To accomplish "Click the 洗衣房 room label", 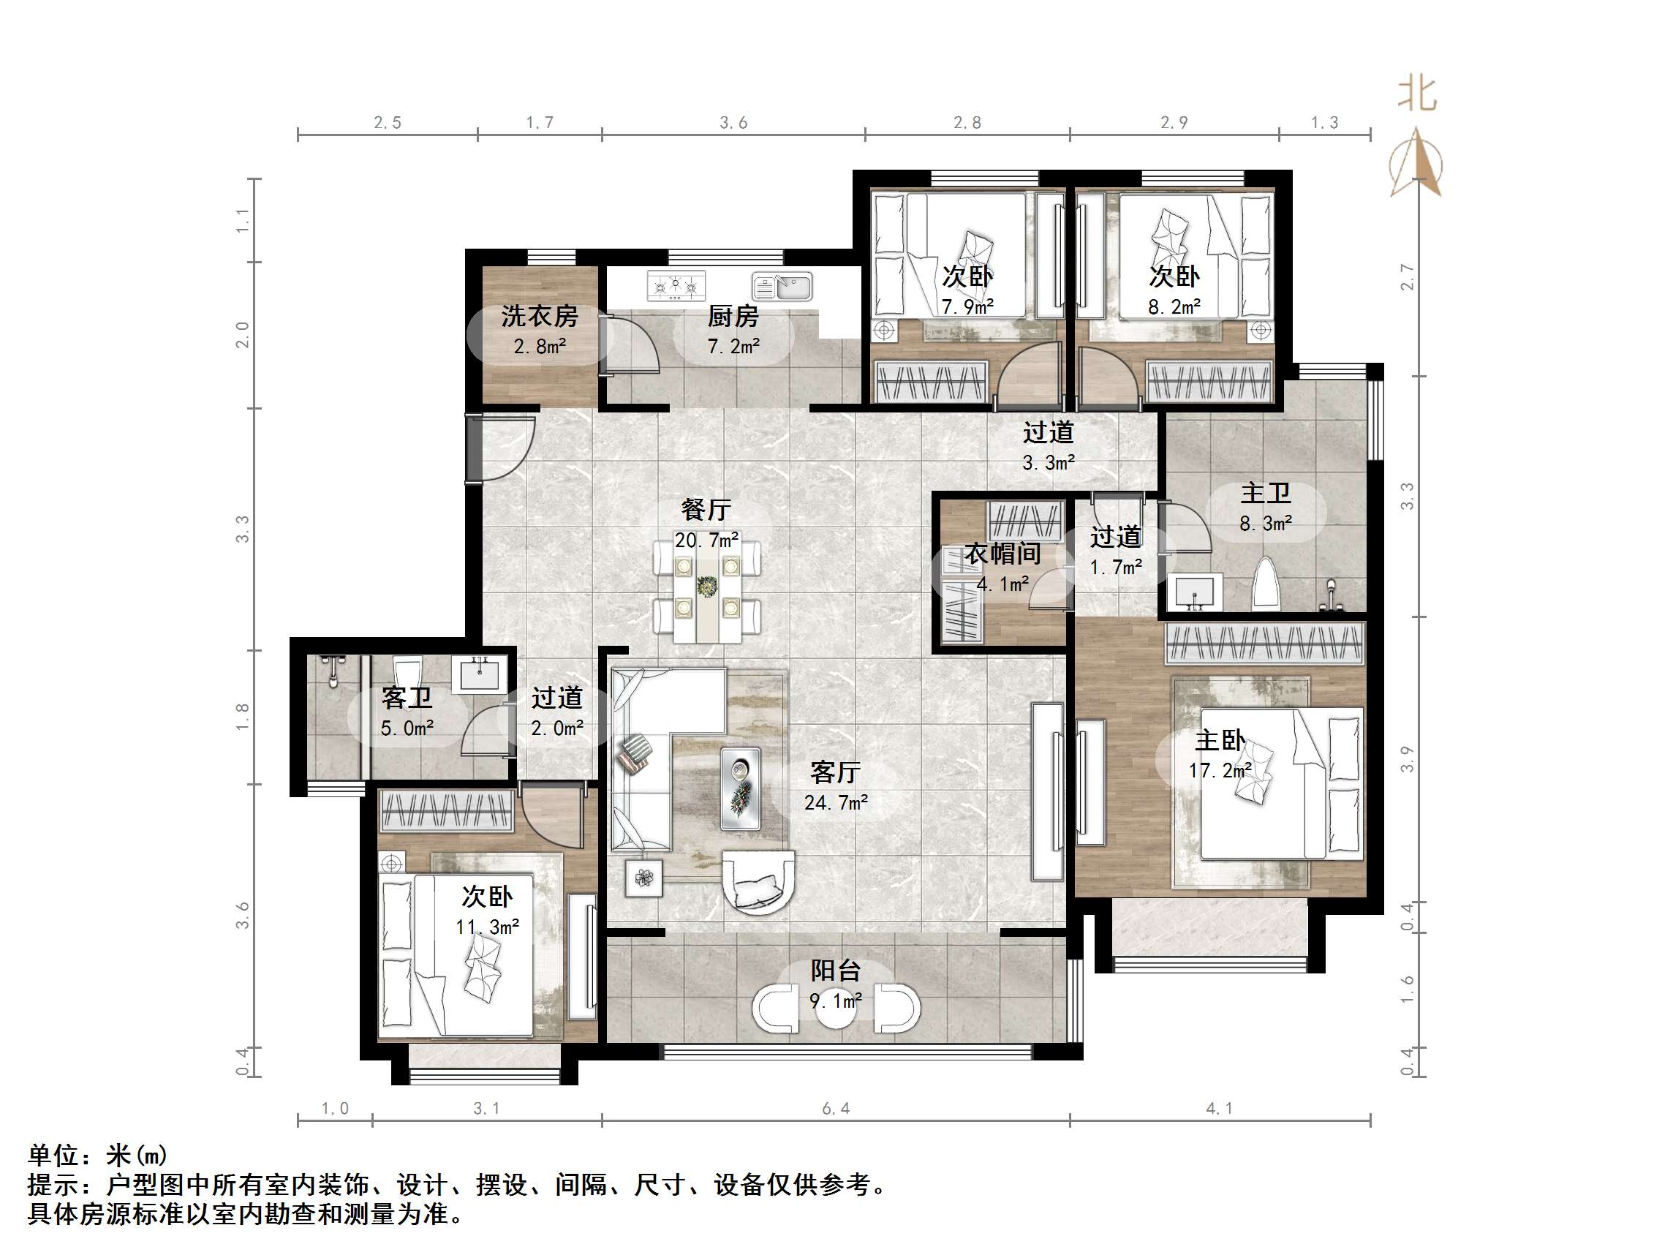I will pos(539,316).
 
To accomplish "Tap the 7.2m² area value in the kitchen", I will pos(733,347).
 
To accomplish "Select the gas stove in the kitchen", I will pos(676,285).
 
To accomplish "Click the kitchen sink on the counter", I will pos(782,287).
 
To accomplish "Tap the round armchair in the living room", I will pos(758,881).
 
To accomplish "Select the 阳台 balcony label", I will pos(835,971).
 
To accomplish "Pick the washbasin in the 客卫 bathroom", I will pos(479,674).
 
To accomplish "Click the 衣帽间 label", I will pos(1002,554).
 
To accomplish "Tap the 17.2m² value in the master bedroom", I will pos(1219,771).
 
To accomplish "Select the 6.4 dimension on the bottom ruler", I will pos(836,1108).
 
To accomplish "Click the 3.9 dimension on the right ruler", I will pos(1406,758).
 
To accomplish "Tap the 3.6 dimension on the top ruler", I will pos(733,123).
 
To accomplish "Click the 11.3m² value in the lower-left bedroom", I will pos(487,927).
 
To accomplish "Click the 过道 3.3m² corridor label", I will pos(1049,446).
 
